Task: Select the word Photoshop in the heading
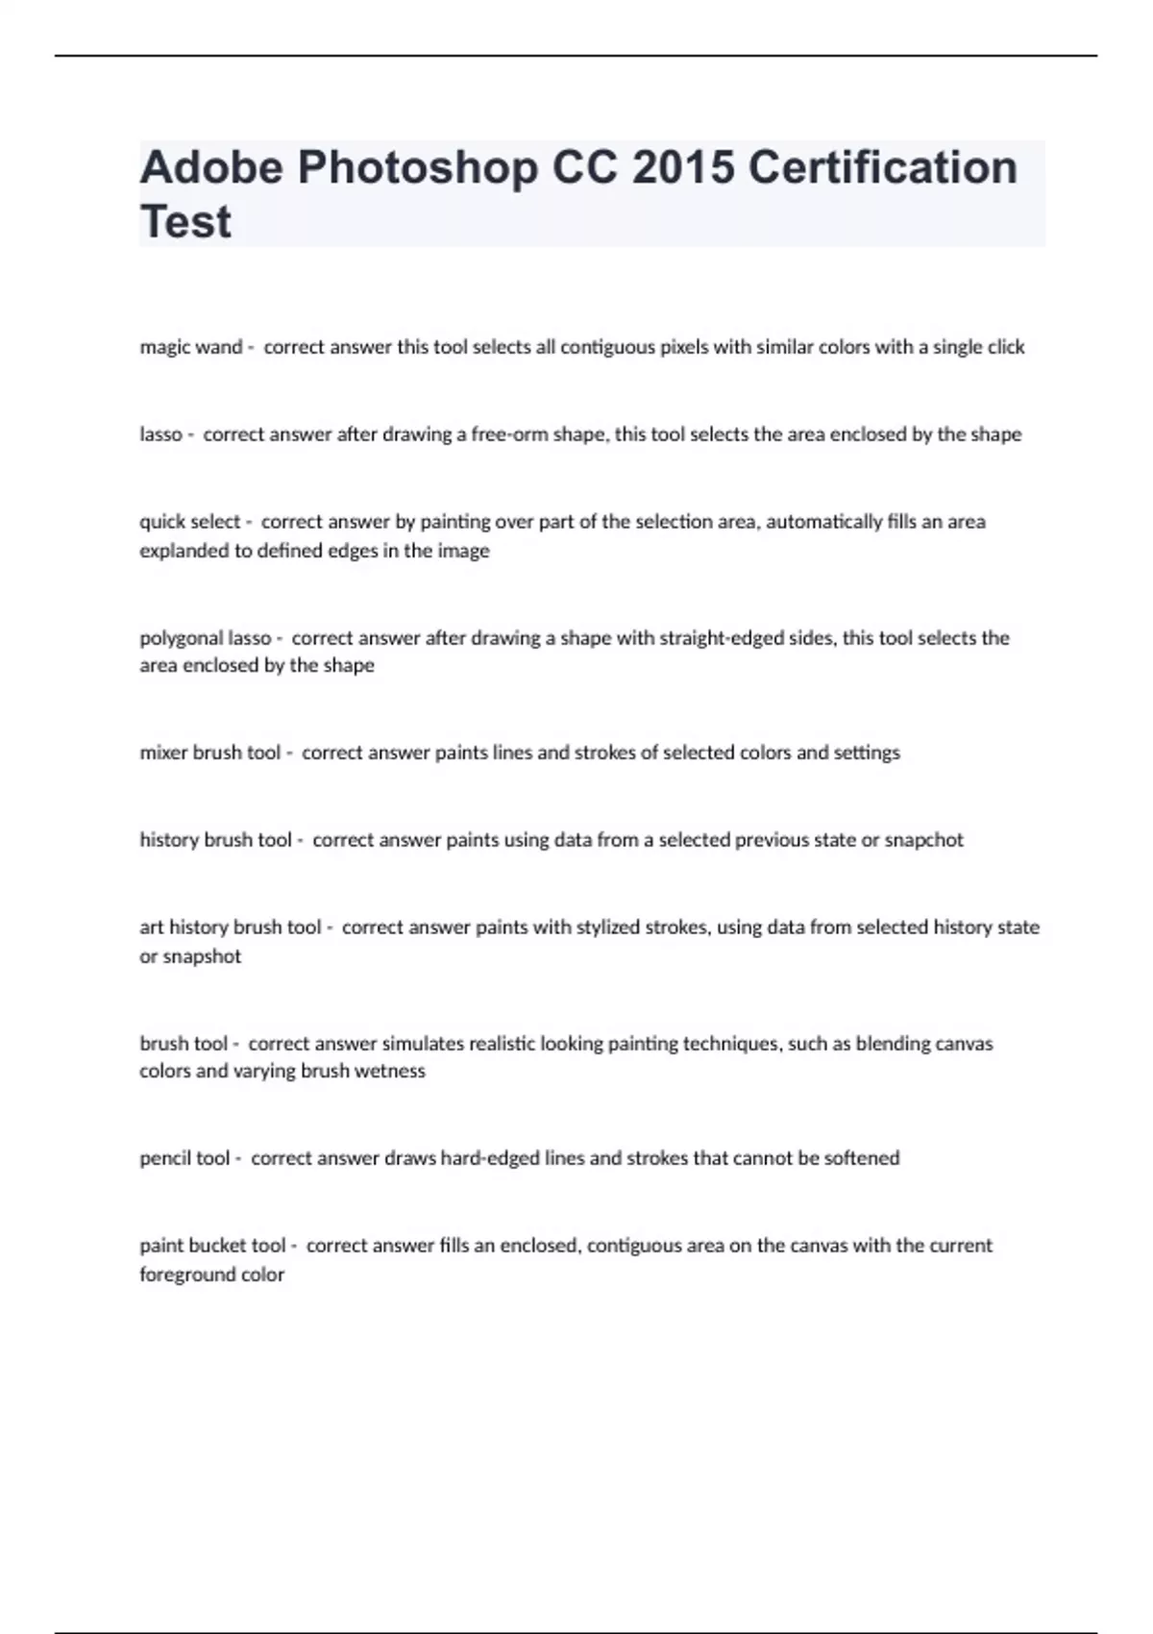click(417, 168)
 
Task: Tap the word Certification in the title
click(882, 168)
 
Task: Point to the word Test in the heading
click(185, 222)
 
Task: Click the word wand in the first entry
click(220, 347)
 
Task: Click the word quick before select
click(161, 522)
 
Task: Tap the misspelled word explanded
click(184, 551)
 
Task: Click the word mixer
click(163, 753)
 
